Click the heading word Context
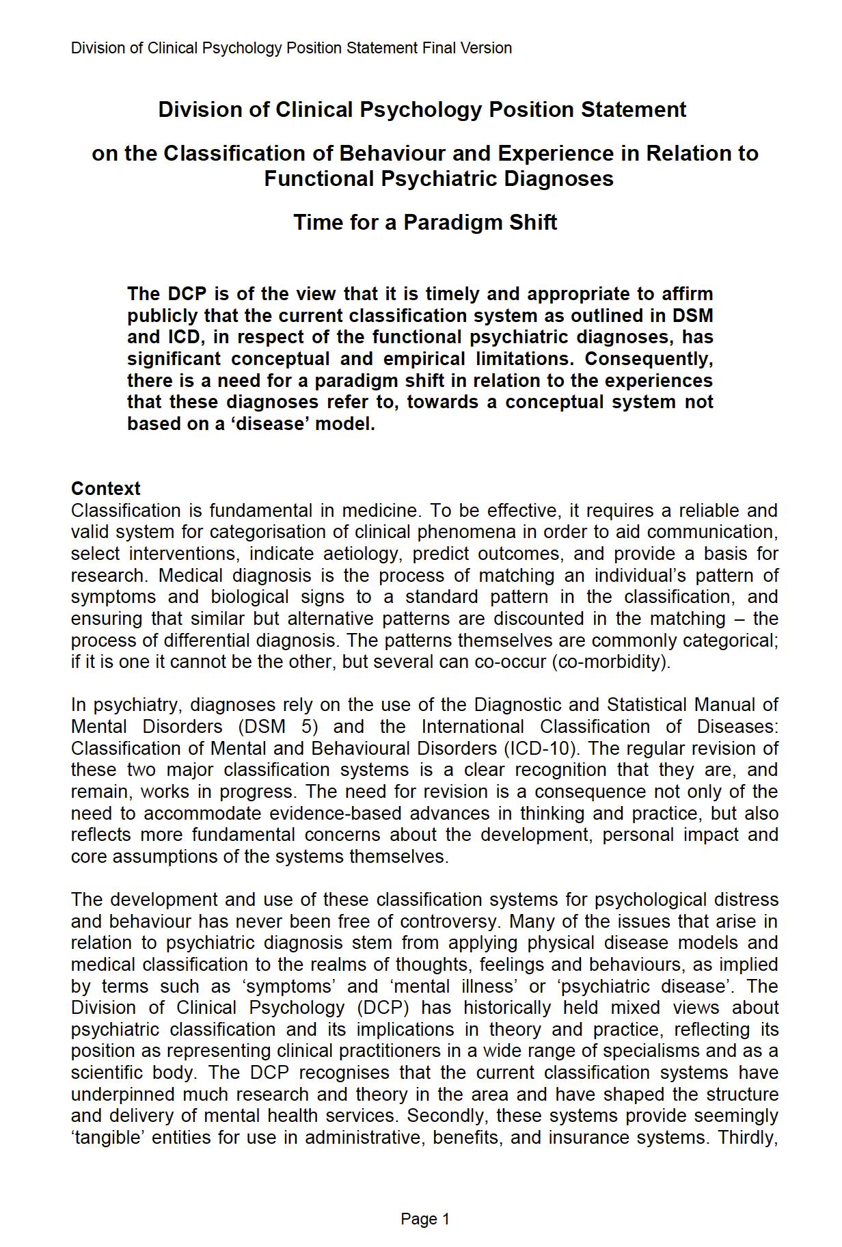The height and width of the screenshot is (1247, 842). (105, 488)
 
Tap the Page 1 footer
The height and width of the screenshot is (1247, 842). (425, 1218)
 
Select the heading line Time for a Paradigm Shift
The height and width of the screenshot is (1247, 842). (425, 222)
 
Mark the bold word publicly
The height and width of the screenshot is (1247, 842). (161, 315)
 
